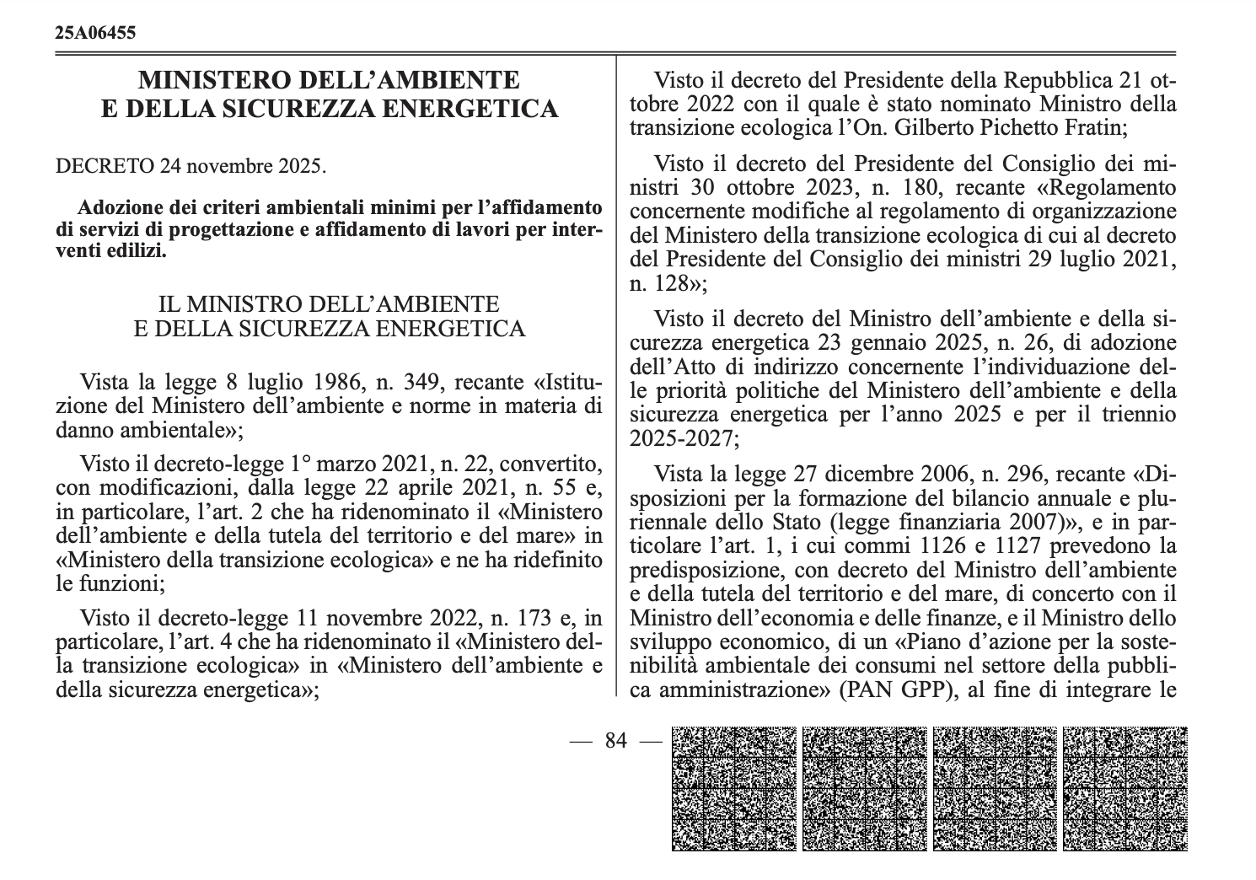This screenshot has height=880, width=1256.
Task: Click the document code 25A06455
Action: [95, 33]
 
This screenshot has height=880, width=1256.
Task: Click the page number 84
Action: [616, 741]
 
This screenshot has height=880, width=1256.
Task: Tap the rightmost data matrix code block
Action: [1125, 788]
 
